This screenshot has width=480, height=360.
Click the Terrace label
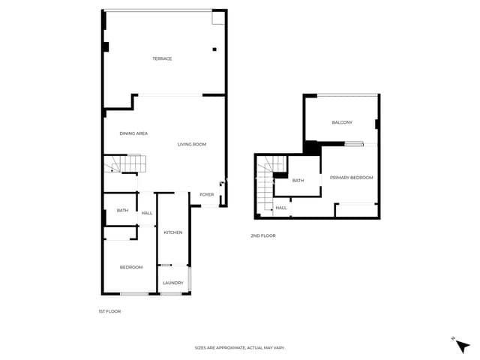click(x=162, y=58)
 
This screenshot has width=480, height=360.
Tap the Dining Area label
click(x=133, y=133)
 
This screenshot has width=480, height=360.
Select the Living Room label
click(x=192, y=144)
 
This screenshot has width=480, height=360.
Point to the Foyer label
click(x=207, y=194)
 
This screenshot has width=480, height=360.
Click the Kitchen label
click(x=173, y=232)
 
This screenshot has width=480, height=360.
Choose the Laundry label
click(x=173, y=283)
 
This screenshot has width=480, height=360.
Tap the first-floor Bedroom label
click(x=131, y=267)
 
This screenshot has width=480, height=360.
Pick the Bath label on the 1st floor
click(x=122, y=210)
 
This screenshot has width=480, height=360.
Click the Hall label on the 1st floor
click(x=147, y=213)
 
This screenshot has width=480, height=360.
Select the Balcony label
click(x=342, y=122)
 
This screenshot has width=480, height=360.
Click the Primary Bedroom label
click(x=352, y=178)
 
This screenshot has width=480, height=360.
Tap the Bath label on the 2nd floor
click(x=298, y=181)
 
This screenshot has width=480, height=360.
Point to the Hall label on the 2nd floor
click(x=281, y=208)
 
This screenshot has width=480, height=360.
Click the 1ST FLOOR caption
click(x=109, y=311)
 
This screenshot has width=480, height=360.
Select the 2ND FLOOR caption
click(x=263, y=235)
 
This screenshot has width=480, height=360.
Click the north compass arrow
click(x=462, y=346)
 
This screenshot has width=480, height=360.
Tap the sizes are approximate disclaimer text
click(x=240, y=348)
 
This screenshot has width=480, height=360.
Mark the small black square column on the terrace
click(x=214, y=49)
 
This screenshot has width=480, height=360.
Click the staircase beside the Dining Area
click(x=125, y=163)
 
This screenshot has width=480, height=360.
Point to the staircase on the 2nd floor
click(x=265, y=183)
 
